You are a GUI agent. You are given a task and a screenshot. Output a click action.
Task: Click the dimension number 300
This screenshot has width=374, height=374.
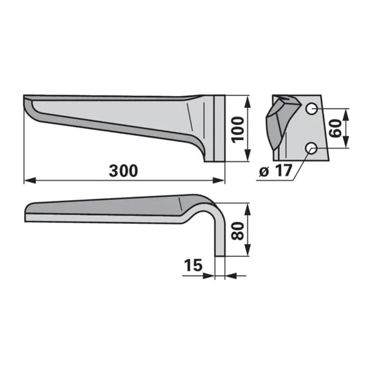click(x=123, y=171)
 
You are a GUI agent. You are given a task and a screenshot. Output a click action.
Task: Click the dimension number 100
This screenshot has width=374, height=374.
click(x=239, y=130)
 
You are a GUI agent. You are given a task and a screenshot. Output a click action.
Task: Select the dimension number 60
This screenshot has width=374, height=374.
click(x=335, y=128)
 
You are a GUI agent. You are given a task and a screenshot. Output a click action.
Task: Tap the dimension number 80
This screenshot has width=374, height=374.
click(x=237, y=231)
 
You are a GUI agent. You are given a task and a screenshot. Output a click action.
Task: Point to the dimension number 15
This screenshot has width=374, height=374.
click(x=193, y=265)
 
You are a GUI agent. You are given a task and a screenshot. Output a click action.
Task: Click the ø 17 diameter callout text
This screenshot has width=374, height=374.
click(x=276, y=171)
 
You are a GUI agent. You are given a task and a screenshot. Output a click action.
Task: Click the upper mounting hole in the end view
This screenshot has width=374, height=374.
click(x=312, y=109)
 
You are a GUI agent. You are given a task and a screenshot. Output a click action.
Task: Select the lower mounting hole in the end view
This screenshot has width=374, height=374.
click(x=312, y=148)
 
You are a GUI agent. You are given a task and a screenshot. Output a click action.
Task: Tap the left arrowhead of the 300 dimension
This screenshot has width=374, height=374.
click(x=30, y=181)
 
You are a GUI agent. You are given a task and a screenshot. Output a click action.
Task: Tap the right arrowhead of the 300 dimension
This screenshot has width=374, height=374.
click(x=219, y=181)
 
